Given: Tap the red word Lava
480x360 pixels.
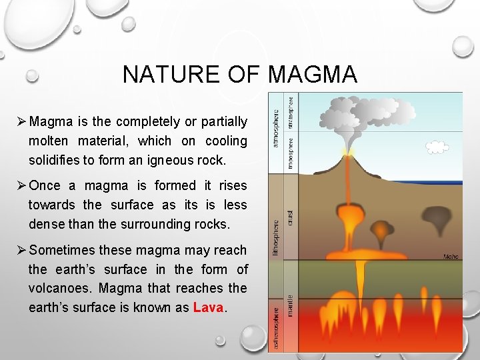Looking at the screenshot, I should tap(209, 307).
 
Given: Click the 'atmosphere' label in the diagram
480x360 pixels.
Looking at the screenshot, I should tap(277, 123).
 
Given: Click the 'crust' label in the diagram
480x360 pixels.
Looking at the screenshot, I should tap(290, 217).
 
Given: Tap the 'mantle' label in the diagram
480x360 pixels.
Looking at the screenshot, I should tap(290, 305).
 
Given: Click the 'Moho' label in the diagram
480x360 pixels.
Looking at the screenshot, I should tap(451, 255).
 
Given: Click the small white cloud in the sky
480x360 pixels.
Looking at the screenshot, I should tap(437, 147).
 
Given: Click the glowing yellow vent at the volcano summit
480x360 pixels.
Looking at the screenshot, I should tap(347, 153).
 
